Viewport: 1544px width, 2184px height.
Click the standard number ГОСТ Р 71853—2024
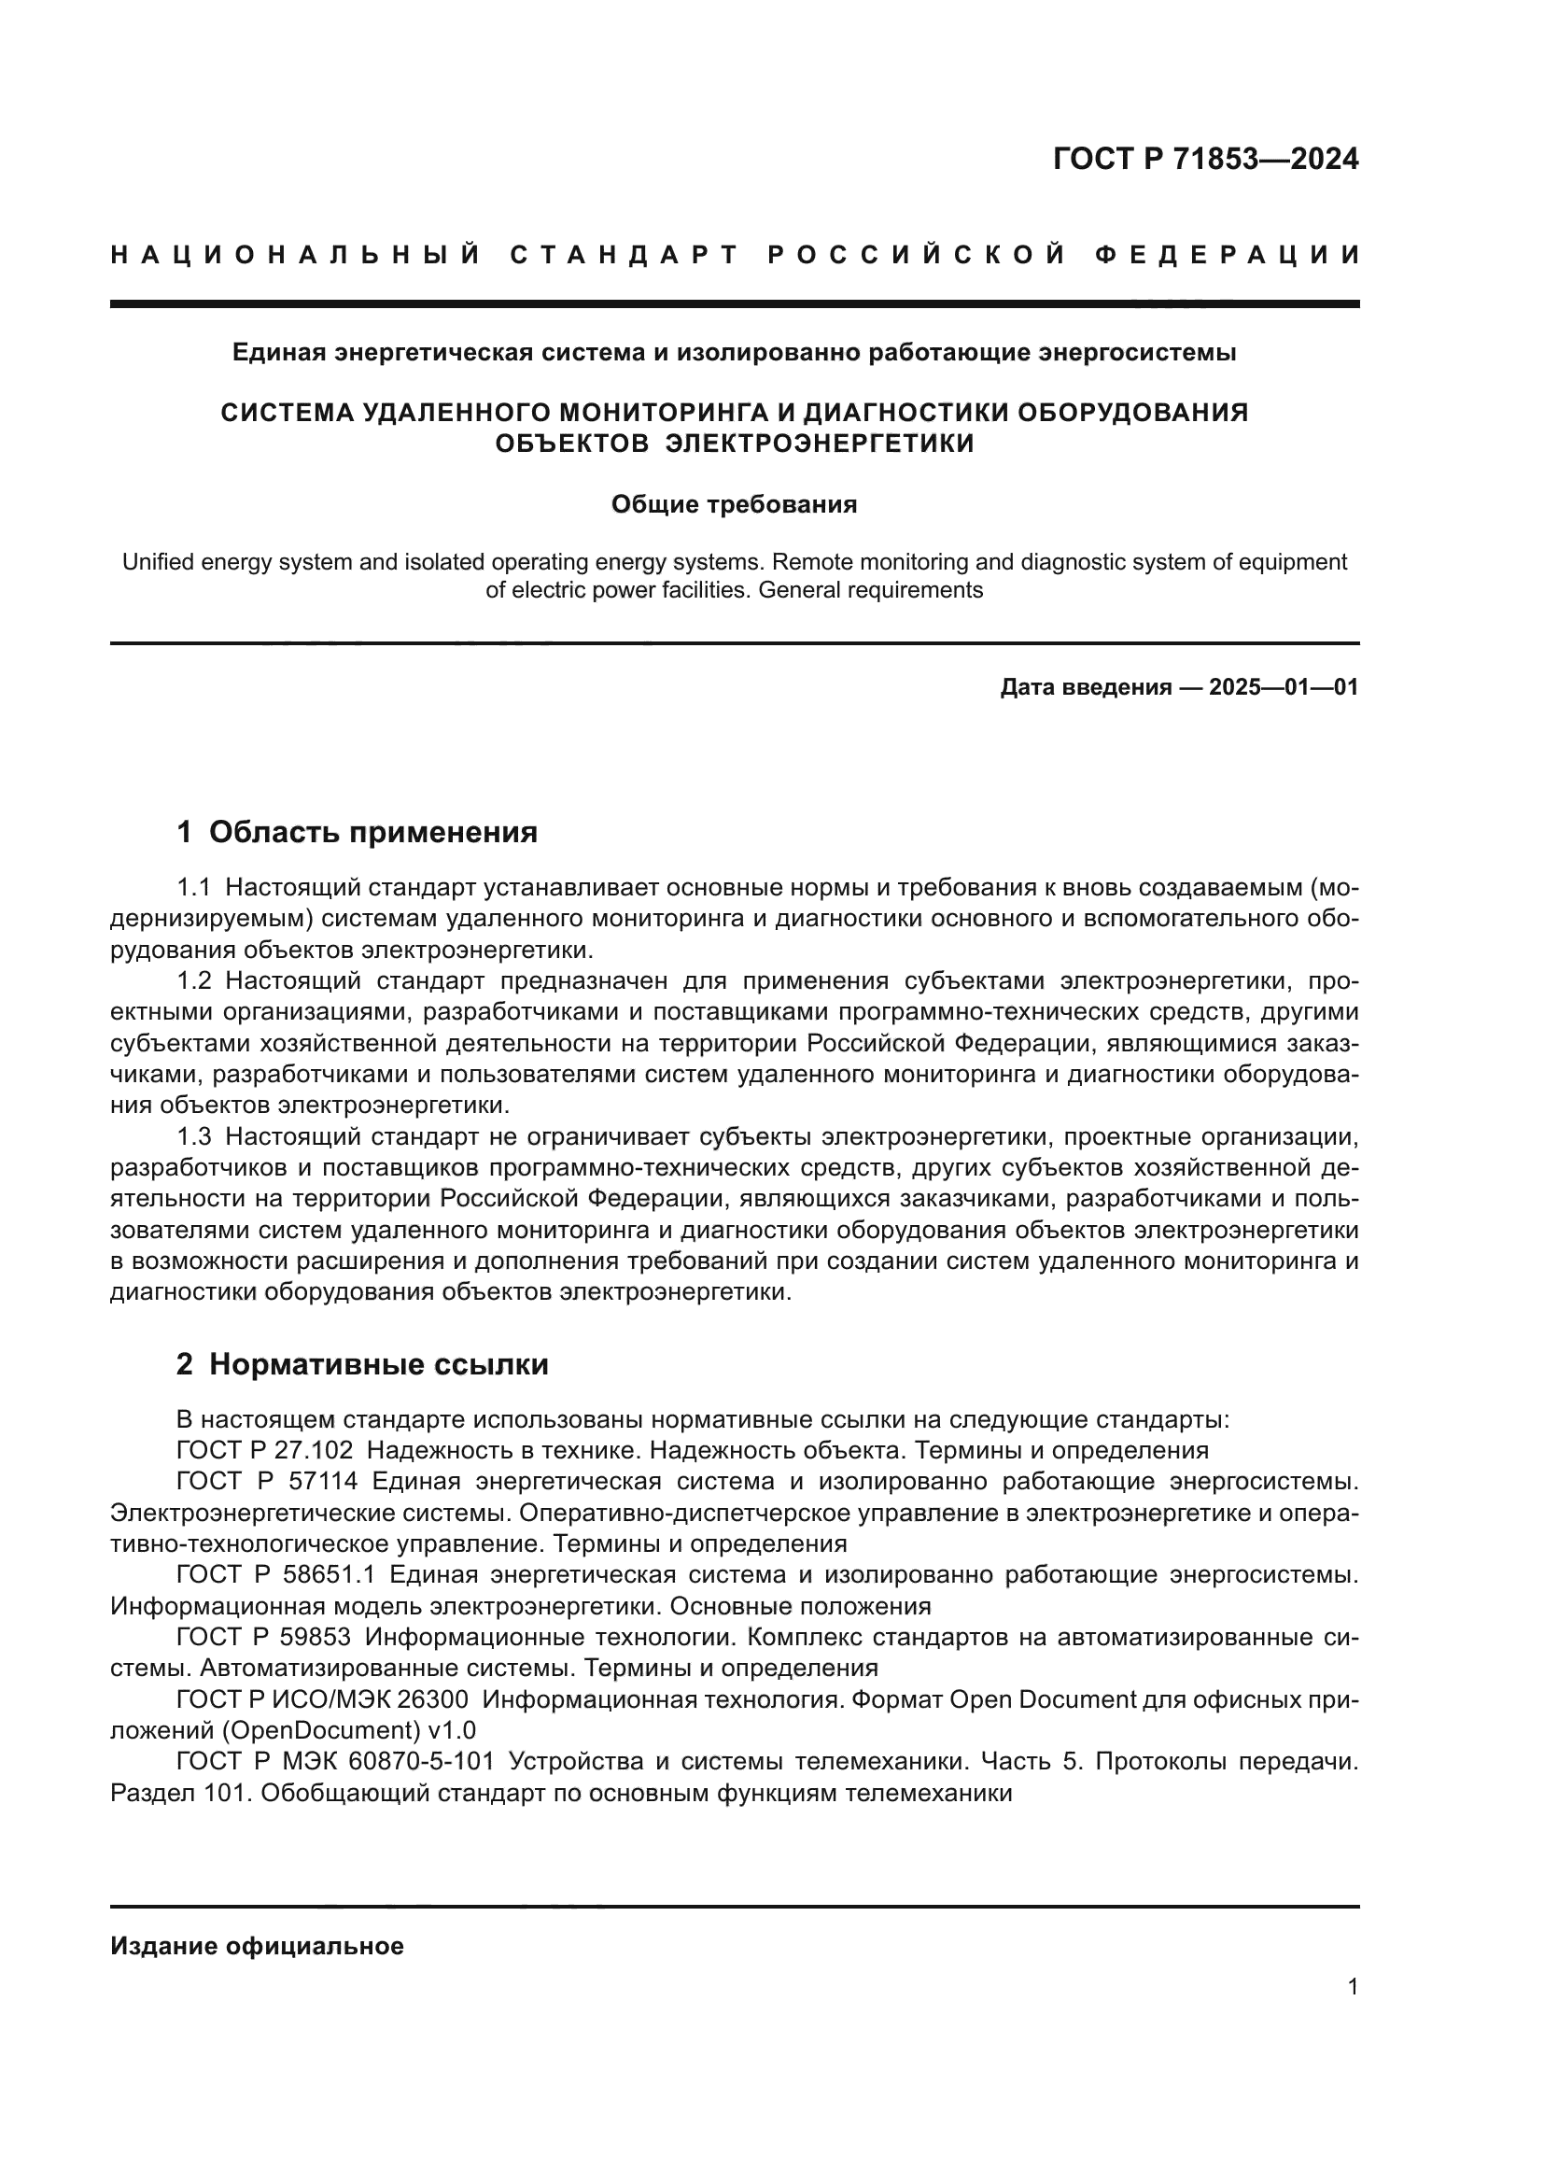(1205, 159)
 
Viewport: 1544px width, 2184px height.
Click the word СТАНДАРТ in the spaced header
(625, 255)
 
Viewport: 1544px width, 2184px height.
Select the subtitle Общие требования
(734, 504)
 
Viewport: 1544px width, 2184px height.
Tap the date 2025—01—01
(1284, 687)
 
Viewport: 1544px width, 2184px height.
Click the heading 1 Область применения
(357, 832)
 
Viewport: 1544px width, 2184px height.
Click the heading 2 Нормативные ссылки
(362, 1364)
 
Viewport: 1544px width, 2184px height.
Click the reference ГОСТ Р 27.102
(264, 1451)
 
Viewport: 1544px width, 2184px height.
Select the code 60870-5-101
(421, 1762)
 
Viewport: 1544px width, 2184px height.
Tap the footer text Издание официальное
(257, 1946)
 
